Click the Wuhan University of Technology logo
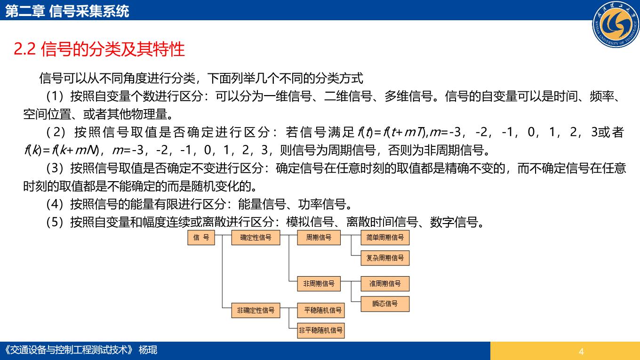point(616,24)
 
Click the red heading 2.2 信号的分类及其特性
point(99,49)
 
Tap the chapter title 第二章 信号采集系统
point(67,11)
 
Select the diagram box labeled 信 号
point(201,238)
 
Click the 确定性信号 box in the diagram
point(256,238)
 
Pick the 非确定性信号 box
point(256,310)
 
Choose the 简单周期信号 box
point(385,238)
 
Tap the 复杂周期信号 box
point(385,258)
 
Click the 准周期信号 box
point(385,283)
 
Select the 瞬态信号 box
point(385,304)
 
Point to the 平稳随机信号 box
point(321,310)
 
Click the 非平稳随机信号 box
point(321,330)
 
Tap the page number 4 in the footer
point(581,352)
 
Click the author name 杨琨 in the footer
point(148,350)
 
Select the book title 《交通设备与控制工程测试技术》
point(69,350)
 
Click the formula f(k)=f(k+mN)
point(62,150)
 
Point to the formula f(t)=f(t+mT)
point(392,132)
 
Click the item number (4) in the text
point(55,204)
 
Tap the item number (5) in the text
point(55,222)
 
